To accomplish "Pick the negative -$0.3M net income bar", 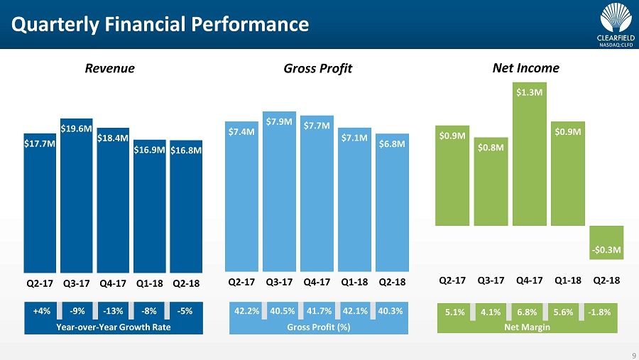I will click(606, 242).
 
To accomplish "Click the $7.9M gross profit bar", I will click(279, 192).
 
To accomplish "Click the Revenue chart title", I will click(109, 69).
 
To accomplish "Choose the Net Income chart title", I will click(525, 68).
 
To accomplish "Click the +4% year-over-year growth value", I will click(42, 310).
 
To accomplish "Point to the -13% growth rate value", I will click(111, 310).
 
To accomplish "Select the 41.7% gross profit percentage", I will click(317, 310).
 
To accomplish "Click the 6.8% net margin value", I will click(526, 310).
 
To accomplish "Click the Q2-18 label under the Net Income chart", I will click(606, 280).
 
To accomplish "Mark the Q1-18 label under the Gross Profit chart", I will click(354, 282).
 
